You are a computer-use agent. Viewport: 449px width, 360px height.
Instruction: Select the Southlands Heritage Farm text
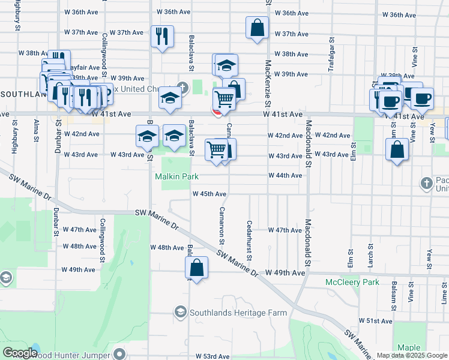click(x=238, y=313)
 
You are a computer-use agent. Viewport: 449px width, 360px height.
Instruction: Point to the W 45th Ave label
click(x=209, y=194)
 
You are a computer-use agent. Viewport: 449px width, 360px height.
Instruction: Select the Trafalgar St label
click(x=331, y=57)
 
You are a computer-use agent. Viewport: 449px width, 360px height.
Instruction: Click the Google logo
click(x=20, y=353)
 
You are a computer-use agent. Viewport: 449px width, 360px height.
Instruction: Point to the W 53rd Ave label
click(x=214, y=356)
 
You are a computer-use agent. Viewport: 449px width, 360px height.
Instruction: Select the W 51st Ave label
click(x=375, y=321)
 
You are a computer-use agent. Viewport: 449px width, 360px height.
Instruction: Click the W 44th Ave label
click(x=285, y=175)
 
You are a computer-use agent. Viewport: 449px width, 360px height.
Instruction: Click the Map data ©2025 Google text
click(x=412, y=356)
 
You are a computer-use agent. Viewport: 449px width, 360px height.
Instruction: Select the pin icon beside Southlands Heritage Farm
click(x=180, y=311)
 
